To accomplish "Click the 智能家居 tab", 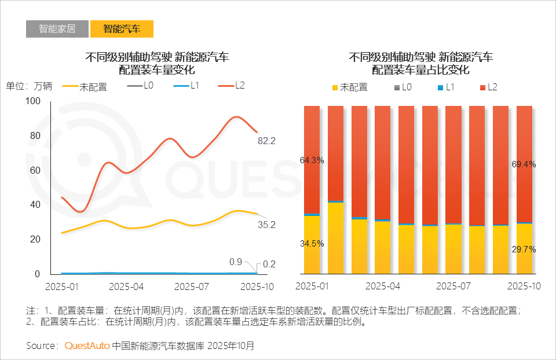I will click(57, 29).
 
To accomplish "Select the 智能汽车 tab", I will click(122, 29).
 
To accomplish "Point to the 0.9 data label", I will click(236, 262).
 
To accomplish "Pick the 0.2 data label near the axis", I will click(269, 265).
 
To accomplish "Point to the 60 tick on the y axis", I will click(35, 170).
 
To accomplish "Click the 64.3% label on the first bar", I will click(312, 160).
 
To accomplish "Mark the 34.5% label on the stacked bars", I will click(312, 244).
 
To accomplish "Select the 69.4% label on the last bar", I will click(524, 164).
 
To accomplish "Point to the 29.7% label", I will click(524, 249).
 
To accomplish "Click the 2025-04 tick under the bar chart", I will click(383, 286).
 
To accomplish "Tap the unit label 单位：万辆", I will click(29, 86).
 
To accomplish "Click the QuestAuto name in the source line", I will click(87, 346).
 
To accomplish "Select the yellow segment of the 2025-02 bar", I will click(335, 237).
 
